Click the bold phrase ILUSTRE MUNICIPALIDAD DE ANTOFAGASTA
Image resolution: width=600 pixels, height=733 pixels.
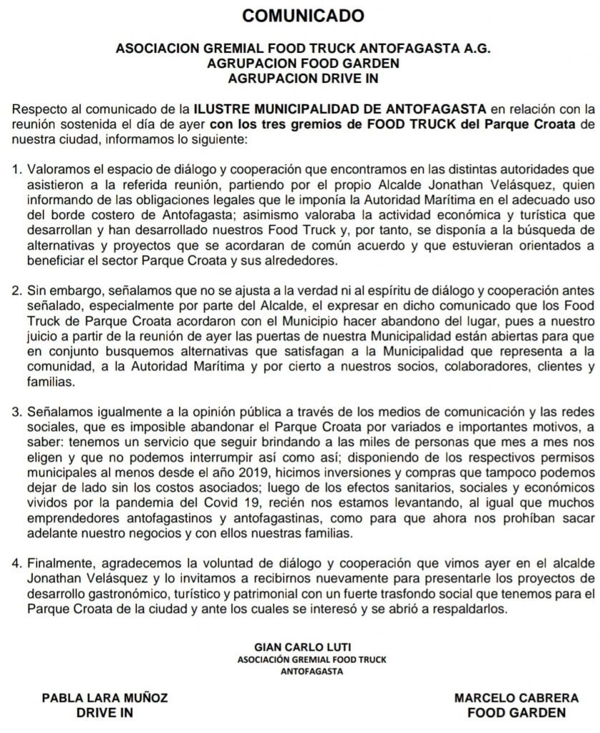341,109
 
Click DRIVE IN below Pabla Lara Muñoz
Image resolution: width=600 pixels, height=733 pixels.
105,713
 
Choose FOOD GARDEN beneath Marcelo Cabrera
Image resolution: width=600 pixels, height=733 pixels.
516,713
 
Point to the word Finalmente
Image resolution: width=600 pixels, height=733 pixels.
55,562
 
